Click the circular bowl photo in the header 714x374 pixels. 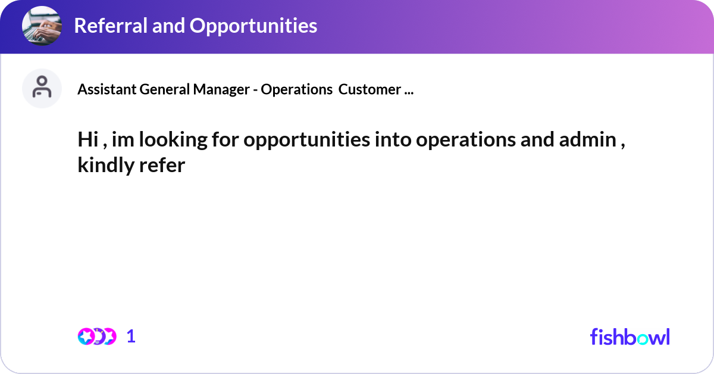(42, 26)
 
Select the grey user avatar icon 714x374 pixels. (42, 89)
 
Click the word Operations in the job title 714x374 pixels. (296, 90)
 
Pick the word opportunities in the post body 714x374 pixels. (300, 141)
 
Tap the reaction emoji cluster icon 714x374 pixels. (96, 336)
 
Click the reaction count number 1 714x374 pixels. (131, 336)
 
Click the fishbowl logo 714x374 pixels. (630, 336)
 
